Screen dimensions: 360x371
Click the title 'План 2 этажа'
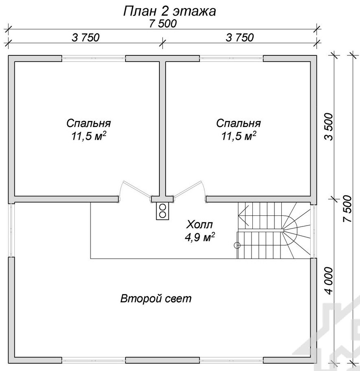(169, 11)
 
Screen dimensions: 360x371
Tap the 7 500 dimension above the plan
(163, 24)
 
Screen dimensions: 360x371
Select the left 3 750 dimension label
(86, 37)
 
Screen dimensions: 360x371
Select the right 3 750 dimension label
(240, 37)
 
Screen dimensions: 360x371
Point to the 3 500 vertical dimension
(329, 127)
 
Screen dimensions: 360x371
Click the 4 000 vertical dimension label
(329, 281)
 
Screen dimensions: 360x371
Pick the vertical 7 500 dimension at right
(347, 209)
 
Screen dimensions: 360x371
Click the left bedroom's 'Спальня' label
(88, 123)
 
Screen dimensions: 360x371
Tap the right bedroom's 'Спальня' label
(239, 123)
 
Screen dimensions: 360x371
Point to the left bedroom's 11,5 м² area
(88, 136)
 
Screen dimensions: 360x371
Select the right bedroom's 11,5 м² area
(239, 136)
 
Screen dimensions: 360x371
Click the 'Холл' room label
(199, 224)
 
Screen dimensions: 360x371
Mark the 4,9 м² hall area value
(200, 237)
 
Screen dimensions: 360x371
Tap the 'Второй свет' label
(156, 299)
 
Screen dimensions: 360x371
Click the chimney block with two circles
(163, 211)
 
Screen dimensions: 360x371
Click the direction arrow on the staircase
(243, 215)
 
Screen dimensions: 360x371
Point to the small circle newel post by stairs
(237, 245)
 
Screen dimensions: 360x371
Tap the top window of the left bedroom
(93, 58)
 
